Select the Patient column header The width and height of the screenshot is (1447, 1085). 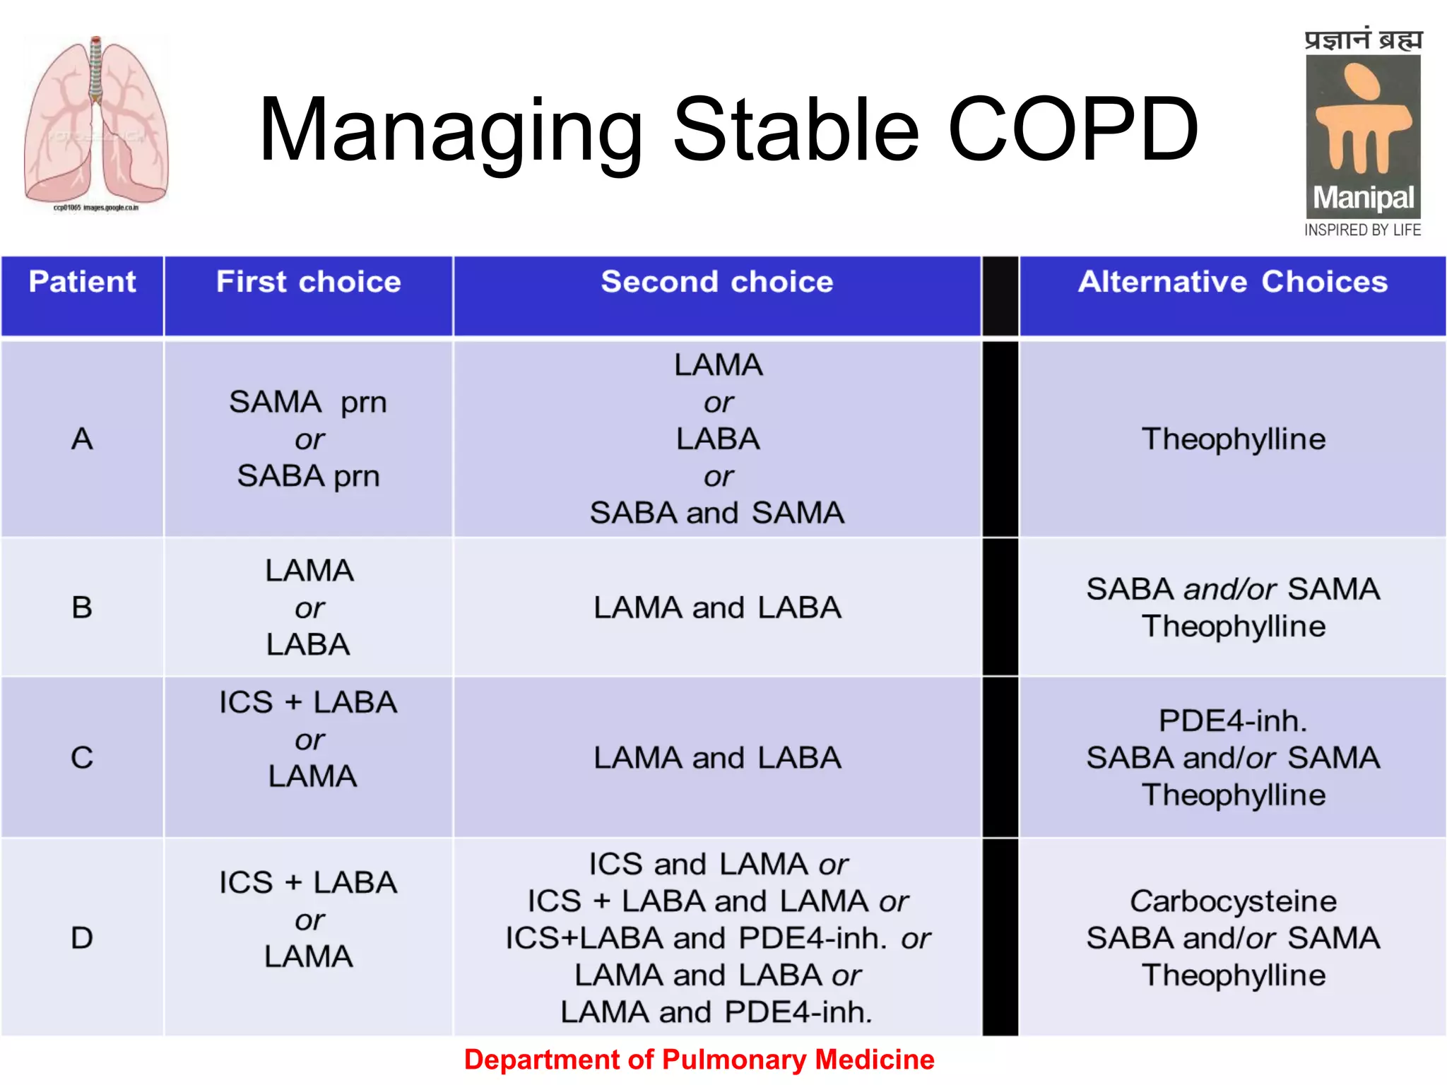tap(82, 282)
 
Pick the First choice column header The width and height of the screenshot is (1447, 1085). tap(308, 282)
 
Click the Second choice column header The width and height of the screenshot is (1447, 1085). tap(716, 282)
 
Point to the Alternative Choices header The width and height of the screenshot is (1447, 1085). tap(1232, 282)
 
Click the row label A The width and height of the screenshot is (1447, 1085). tap(82, 439)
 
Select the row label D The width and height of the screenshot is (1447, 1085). tap(82, 938)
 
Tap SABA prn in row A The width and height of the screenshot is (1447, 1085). tap(308, 476)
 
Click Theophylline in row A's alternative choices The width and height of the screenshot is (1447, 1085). tap(1233, 439)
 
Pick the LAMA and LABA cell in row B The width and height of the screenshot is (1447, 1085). tap(716, 607)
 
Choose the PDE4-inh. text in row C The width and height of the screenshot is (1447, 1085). tap(1233, 721)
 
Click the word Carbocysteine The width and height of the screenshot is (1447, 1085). tap(1233, 901)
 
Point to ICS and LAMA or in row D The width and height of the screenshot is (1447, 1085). tap(718, 864)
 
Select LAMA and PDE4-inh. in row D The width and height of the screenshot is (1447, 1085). tap(716, 1012)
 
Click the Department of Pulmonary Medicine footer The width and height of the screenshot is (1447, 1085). tap(699, 1060)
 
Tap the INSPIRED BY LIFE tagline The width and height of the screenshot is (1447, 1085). tap(1362, 230)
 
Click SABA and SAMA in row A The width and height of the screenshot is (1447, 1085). tap(716, 513)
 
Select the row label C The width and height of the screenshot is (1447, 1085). tap(82, 758)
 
